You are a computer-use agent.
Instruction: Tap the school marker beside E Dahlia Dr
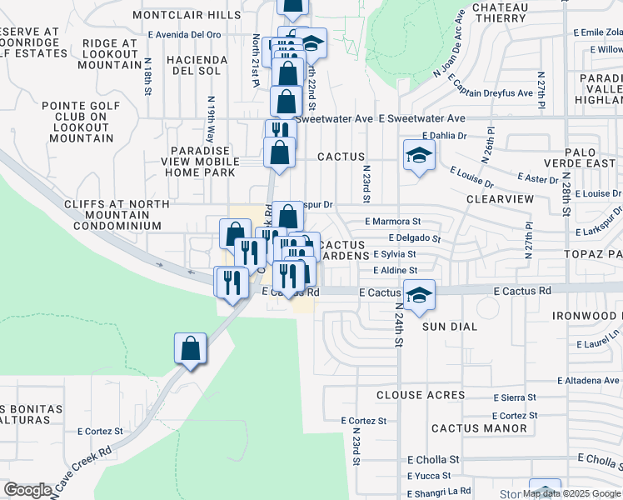(x=419, y=155)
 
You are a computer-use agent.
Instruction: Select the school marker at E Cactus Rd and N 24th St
(x=419, y=294)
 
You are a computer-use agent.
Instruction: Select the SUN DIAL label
(x=450, y=327)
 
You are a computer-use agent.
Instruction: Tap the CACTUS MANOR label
(x=479, y=428)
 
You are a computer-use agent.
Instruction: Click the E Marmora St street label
(x=393, y=222)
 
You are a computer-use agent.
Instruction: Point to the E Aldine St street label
(x=395, y=271)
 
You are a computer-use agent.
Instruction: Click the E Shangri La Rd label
(x=439, y=491)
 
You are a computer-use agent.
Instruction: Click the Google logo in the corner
(x=27, y=490)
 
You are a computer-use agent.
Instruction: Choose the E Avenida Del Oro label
(x=185, y=35)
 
